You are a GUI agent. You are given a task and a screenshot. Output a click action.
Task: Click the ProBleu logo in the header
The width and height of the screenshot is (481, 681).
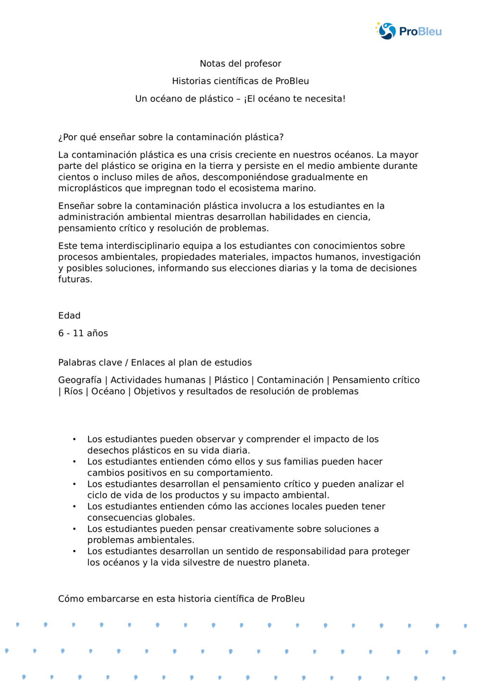[x=408, y=31]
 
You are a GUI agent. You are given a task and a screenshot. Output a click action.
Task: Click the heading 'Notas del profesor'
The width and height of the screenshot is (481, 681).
[x=240, y=64]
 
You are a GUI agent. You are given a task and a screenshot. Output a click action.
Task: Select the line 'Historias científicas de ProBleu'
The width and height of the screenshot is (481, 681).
[x=240, y=81]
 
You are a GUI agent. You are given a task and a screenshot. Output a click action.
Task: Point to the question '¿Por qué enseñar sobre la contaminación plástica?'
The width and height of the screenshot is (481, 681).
[x=171, y=137]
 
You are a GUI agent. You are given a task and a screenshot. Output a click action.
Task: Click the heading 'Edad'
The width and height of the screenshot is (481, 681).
[x=69, y=316]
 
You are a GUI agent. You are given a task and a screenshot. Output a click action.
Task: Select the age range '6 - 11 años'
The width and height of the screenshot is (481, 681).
[x=83, y=333]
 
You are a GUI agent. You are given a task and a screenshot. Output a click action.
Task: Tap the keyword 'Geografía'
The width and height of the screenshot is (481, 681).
[x=80, y=380]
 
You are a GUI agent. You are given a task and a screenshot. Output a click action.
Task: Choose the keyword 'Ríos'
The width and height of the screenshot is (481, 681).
[x=73, y=391]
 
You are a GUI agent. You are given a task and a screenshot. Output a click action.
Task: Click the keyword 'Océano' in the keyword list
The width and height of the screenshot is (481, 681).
[x=107, y=391]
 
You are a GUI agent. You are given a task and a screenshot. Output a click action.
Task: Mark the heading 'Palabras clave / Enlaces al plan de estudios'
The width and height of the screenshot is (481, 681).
[x=155, y=362]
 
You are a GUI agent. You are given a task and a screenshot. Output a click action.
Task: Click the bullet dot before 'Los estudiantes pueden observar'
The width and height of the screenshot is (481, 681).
[x=74, y=439]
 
